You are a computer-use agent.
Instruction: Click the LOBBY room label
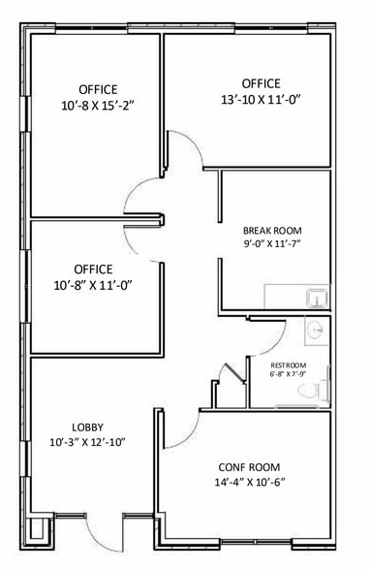87,427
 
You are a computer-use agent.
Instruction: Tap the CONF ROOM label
249,467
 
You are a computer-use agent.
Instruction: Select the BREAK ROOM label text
272,231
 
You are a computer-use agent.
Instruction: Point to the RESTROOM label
289,365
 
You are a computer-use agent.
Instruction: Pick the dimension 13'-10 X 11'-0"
262,99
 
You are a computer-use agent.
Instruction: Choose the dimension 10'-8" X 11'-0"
93,285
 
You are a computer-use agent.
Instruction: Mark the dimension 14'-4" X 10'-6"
250,483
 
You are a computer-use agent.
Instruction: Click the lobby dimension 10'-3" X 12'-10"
87,442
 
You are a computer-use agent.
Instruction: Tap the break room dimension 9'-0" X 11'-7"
272,243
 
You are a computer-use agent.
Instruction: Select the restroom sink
315,330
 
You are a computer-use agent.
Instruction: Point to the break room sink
318,299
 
